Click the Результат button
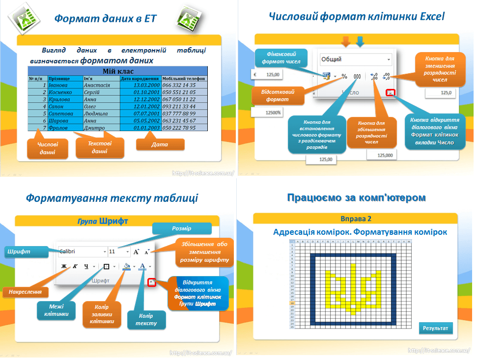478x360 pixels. pos(436,328)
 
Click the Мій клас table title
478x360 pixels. pos(118,71)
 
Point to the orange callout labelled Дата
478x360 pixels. pos(160,144)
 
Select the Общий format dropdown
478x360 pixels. pos(356,59)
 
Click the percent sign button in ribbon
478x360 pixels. pos(344,77)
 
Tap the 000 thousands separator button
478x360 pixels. pos(357,77)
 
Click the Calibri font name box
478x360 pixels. pos(82,251)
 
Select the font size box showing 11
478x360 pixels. pos(119,251)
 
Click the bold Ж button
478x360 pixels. pos(63,267)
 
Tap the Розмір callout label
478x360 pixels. pos(181,228)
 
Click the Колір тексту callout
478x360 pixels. pos(146,320)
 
